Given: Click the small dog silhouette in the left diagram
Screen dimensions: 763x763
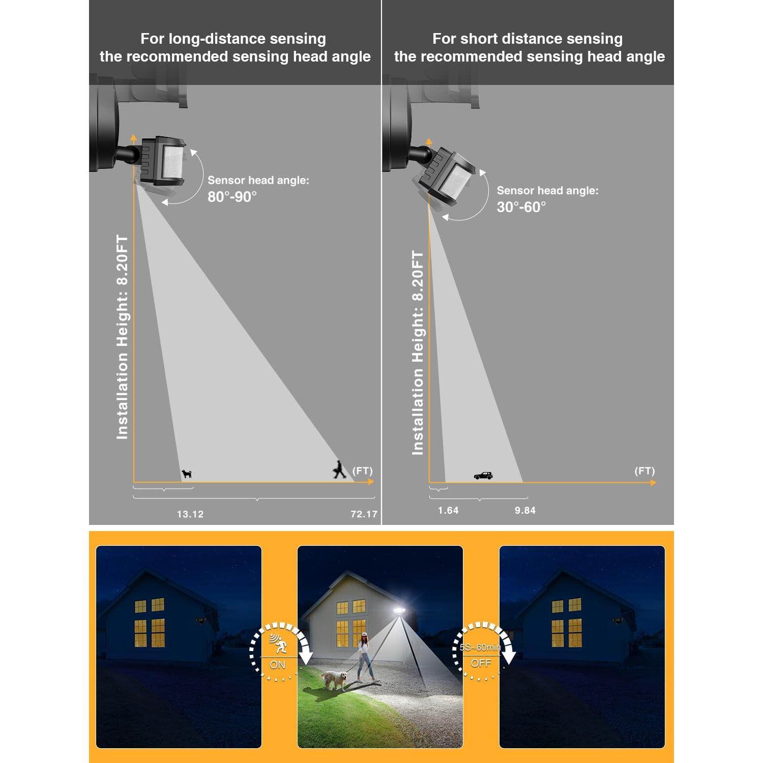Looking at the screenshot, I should click(187, 474).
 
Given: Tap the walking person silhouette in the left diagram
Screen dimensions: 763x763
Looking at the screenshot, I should click(339, 469).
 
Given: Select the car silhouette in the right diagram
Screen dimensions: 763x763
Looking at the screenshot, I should click(483, 476).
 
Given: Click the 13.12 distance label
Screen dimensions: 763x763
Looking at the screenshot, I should click(190, 514).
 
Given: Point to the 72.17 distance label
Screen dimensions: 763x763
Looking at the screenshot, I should click(364, 514).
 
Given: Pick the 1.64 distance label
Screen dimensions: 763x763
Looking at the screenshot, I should click(448, 510).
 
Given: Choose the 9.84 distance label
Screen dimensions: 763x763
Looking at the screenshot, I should click(525, 510).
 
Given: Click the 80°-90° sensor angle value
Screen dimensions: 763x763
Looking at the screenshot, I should click(232, 197).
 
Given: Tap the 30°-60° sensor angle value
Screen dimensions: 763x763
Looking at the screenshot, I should click(521, 207).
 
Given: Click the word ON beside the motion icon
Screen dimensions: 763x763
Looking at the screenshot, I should click(278, 665).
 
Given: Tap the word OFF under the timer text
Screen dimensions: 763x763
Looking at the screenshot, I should click(481, 663).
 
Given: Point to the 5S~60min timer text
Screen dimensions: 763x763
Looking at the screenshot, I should click(480, 648).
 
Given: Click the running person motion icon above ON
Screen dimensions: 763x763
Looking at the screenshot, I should click(278, 643).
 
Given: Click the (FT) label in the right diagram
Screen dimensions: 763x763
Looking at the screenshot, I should click(644, 471).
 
